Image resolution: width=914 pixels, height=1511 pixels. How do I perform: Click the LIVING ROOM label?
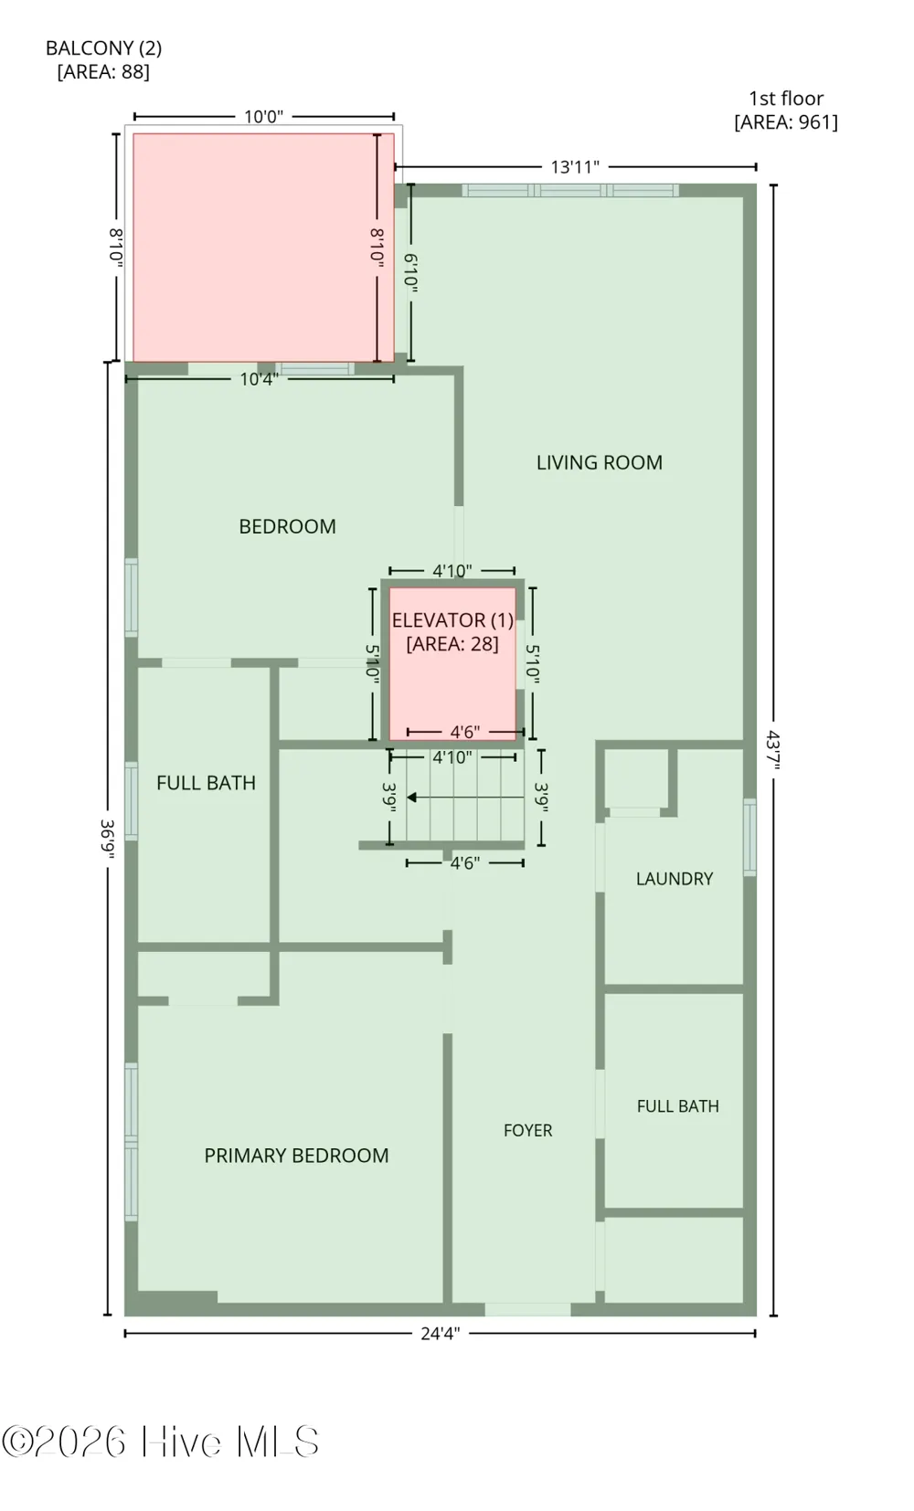click(x=600, y=463)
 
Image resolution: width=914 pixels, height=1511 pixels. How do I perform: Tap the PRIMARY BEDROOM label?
click(x=296, y=1156)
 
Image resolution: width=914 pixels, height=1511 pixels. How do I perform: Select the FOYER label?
click(x=528, y=1130)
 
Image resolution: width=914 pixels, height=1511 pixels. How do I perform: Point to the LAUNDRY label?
click(x=675, y=878)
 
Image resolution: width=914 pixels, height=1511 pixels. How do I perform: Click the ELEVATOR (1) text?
click(x=452, y=620)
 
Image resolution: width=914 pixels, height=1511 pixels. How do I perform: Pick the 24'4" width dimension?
click(x=441, y=1334)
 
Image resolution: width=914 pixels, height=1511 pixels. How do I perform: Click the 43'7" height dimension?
click(x=773, y=749)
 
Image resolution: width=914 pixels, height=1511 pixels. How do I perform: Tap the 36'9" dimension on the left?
click(x=107, y=839)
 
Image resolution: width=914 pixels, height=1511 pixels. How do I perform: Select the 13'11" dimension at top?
click(x=575, y=166)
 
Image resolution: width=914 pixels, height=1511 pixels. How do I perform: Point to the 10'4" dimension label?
click(x=260, y=379)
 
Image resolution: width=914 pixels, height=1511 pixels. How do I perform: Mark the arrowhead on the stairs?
click(x=411, y=798)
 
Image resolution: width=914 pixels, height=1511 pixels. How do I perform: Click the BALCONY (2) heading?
click(x=103, y=48)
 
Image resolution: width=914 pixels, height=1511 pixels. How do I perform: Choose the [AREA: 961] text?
click(x=786, y=122)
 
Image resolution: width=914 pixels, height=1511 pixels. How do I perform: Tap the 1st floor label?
click(x=786, y=99)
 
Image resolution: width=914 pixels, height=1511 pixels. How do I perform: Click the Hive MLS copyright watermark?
click(x=160, y=1442)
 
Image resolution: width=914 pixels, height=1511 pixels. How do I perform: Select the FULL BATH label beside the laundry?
click(x=678, y=1106)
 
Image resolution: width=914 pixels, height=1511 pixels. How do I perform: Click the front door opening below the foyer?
click(x=528, y=1309)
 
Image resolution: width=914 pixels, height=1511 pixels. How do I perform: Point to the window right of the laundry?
click(x=750, y=837)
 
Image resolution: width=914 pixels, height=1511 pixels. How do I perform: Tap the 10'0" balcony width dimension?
click(x=263, y=117)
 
